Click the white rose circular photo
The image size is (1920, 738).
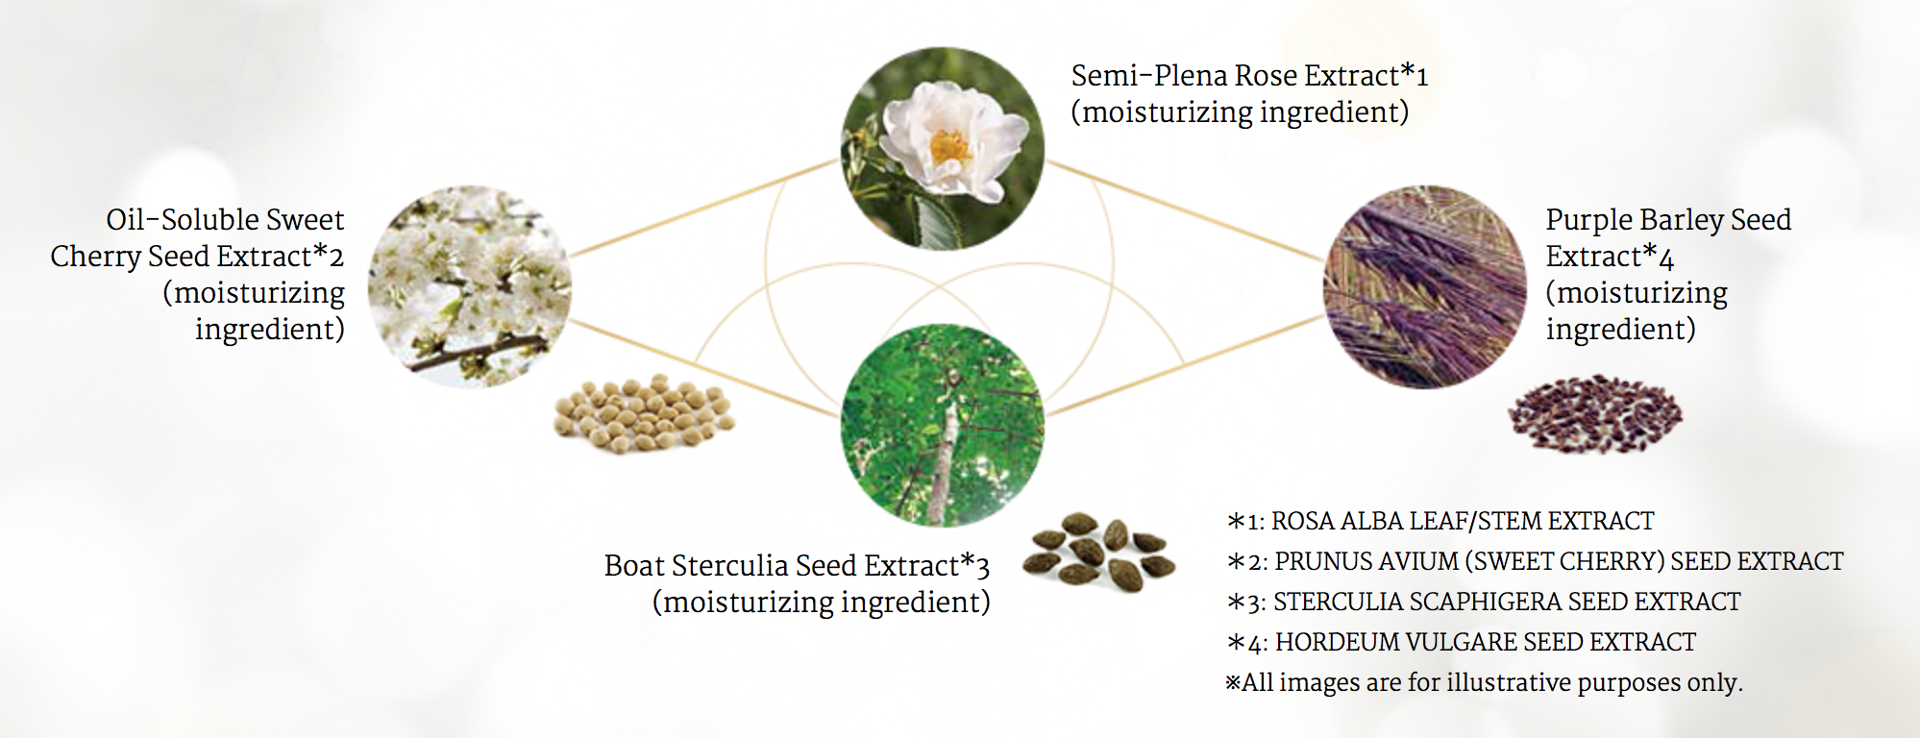(x=943, y=148)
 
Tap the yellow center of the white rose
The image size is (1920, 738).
(x=950, y=147)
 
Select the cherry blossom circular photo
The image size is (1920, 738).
(x=470, y=286)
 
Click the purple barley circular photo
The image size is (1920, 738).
(x=1425, y=286)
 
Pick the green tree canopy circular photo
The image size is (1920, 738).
(x=943, y=425)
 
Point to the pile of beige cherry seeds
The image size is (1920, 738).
(x=644, y=413)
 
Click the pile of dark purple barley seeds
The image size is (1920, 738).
(x=1595, y=413)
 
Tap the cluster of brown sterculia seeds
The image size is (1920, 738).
(x=1098, y=552)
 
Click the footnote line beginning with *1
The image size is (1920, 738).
(x=1440, y=521)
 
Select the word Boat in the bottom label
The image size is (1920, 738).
(x=634, y=565)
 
